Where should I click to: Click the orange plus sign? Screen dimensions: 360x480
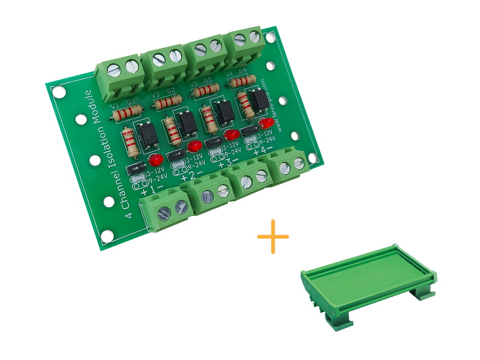point(273,236)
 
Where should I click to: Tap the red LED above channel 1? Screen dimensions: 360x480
point(155,160)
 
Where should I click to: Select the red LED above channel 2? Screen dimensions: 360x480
point(193,146)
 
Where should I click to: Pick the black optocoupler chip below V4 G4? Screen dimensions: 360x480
point(258,101)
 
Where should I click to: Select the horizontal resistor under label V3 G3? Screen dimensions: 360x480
point(205,91)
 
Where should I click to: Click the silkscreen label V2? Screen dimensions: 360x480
point(155,95)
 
